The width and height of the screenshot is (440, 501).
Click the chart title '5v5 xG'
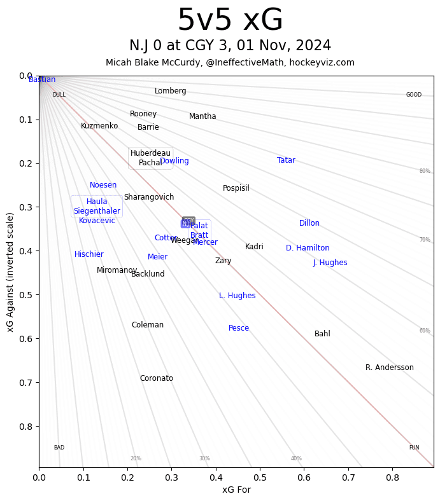click(x=230, y=20)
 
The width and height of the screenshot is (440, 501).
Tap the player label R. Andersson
click(x=389, y=367)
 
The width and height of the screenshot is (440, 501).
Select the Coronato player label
click(x=156, y=378)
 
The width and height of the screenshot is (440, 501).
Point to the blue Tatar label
click(x=286, y=160)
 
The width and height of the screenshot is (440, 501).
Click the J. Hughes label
click(x=330, y=263)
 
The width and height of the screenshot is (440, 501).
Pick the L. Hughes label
click(x=237, y=296)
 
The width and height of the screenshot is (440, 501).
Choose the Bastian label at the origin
click(x=42, y=79)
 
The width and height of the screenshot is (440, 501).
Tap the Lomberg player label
click(x=170, y=91)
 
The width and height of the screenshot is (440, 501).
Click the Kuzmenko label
click(x=99, y=126)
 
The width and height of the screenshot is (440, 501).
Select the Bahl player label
click(x=322, y=334)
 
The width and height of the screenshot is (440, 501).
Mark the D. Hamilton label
click(x=308, y=248)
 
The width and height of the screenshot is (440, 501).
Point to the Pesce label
click(x=239, y=328)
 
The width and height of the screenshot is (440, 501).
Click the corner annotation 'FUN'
click(x=414, y=448)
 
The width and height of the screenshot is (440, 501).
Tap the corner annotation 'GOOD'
click(x=414, y=95)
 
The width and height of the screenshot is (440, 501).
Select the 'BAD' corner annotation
click(x=59, y=448)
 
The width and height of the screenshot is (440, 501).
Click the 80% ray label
click(x=425, y=171)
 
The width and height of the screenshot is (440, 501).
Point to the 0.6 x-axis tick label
click(x=304, y=476)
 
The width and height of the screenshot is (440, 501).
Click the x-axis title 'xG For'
click(x=236, y=490)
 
